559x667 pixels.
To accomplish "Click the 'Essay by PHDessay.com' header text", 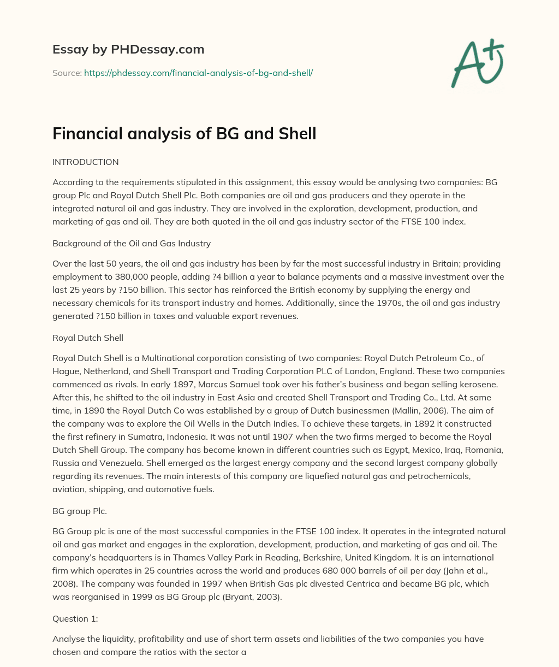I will (x=128, y=50).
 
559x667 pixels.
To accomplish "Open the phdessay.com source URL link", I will (x=198, y=73).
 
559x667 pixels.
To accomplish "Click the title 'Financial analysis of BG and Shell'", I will (x=184, y=133).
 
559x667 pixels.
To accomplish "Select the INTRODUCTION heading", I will (x=85, y=162).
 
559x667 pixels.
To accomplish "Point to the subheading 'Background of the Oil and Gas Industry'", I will (x=132, y=243).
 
